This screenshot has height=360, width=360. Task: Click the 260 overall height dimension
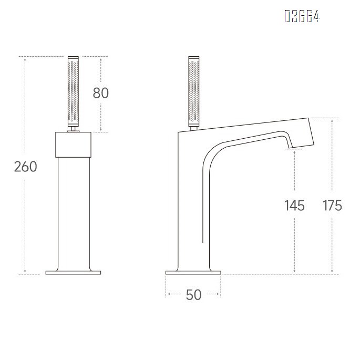click(x=25, y=167)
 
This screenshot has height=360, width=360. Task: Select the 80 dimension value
click(x=100, y=93)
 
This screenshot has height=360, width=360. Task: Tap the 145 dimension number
click(x=294, y=205)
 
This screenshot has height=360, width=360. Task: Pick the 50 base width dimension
click(x=193, y=295)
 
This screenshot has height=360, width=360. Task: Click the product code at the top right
click(x=302, y=17)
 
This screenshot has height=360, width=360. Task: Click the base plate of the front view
click(x=73, y=272)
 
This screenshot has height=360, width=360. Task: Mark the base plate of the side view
click(x=193, y=272)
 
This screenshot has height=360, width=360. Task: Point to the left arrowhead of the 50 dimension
click(x=168, y=295)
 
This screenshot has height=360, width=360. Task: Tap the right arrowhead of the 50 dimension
click(x=220, y=295)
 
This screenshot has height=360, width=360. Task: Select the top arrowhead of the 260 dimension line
click(x=25, y=58)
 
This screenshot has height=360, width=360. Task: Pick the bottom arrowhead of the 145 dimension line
click(x=294, y=272)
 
